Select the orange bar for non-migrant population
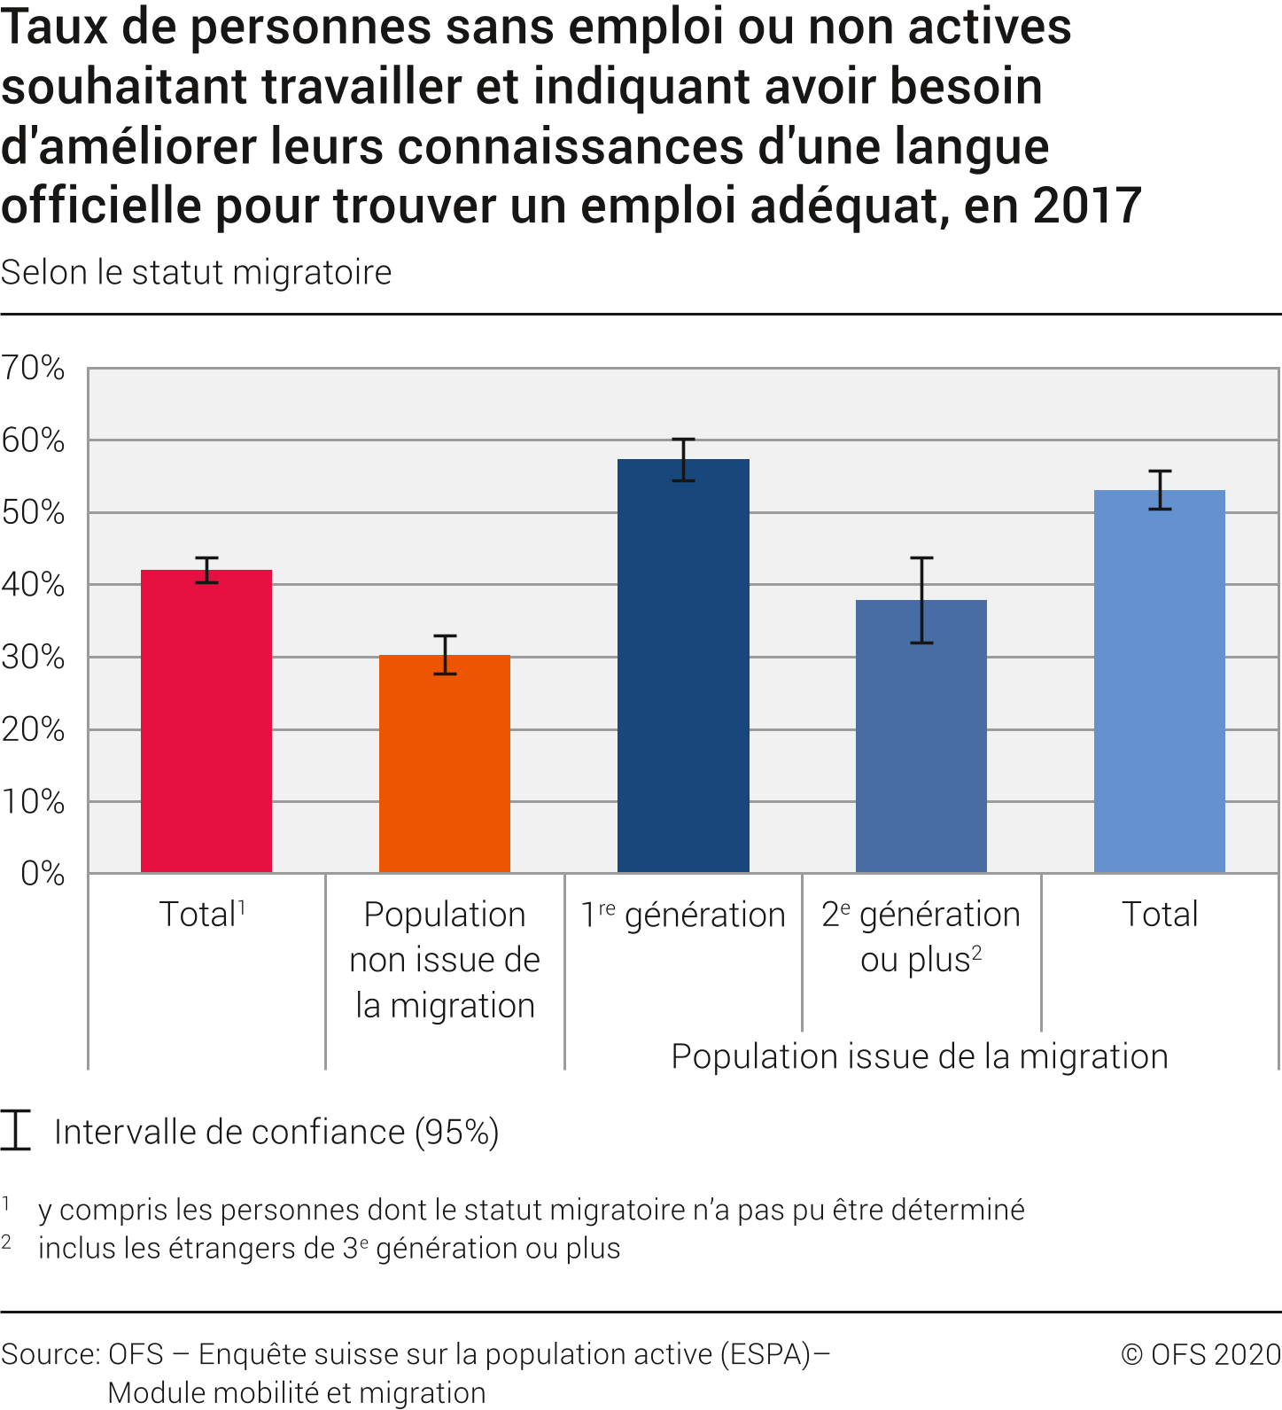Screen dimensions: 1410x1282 [x=445, y=763]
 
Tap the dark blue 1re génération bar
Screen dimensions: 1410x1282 [x=683, y=665]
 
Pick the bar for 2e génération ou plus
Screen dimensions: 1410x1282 [x=921, y=736]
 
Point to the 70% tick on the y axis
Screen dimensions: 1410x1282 [x=33, y=368]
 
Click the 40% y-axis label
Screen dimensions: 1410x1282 [x=33, y=585]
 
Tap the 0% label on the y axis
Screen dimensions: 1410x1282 [x=43, y=874]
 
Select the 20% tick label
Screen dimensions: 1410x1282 [x=33, y=729]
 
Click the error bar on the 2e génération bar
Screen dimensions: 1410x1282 [x=921, y=600]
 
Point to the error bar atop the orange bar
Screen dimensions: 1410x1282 [x=445, y=655]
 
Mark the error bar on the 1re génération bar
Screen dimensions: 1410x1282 [x=683, y=460]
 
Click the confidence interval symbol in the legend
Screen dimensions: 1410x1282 [x=16, y=1130]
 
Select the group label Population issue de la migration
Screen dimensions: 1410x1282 [x=920, y=1056]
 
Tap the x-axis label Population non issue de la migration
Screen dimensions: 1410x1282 [x=445, y=960]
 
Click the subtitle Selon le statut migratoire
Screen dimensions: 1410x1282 [x=197, y=272]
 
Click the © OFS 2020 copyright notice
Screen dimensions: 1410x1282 [x=1200, y=1354]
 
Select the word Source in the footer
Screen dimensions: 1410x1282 [x=50, y=1354]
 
